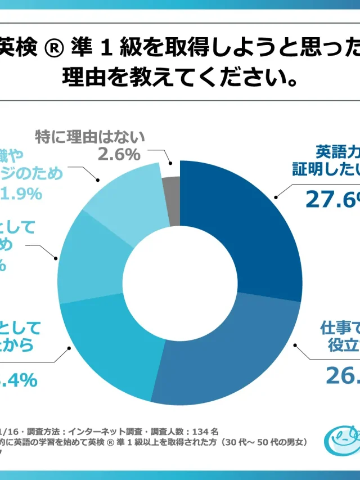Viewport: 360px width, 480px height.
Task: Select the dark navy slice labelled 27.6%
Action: (242, 225)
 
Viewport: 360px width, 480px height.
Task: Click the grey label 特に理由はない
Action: (90, 137)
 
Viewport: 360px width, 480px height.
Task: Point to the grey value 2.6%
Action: (119, 154)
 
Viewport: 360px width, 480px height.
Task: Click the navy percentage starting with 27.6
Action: (332, 199)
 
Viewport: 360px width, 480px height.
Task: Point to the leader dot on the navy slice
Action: (276, 196)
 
